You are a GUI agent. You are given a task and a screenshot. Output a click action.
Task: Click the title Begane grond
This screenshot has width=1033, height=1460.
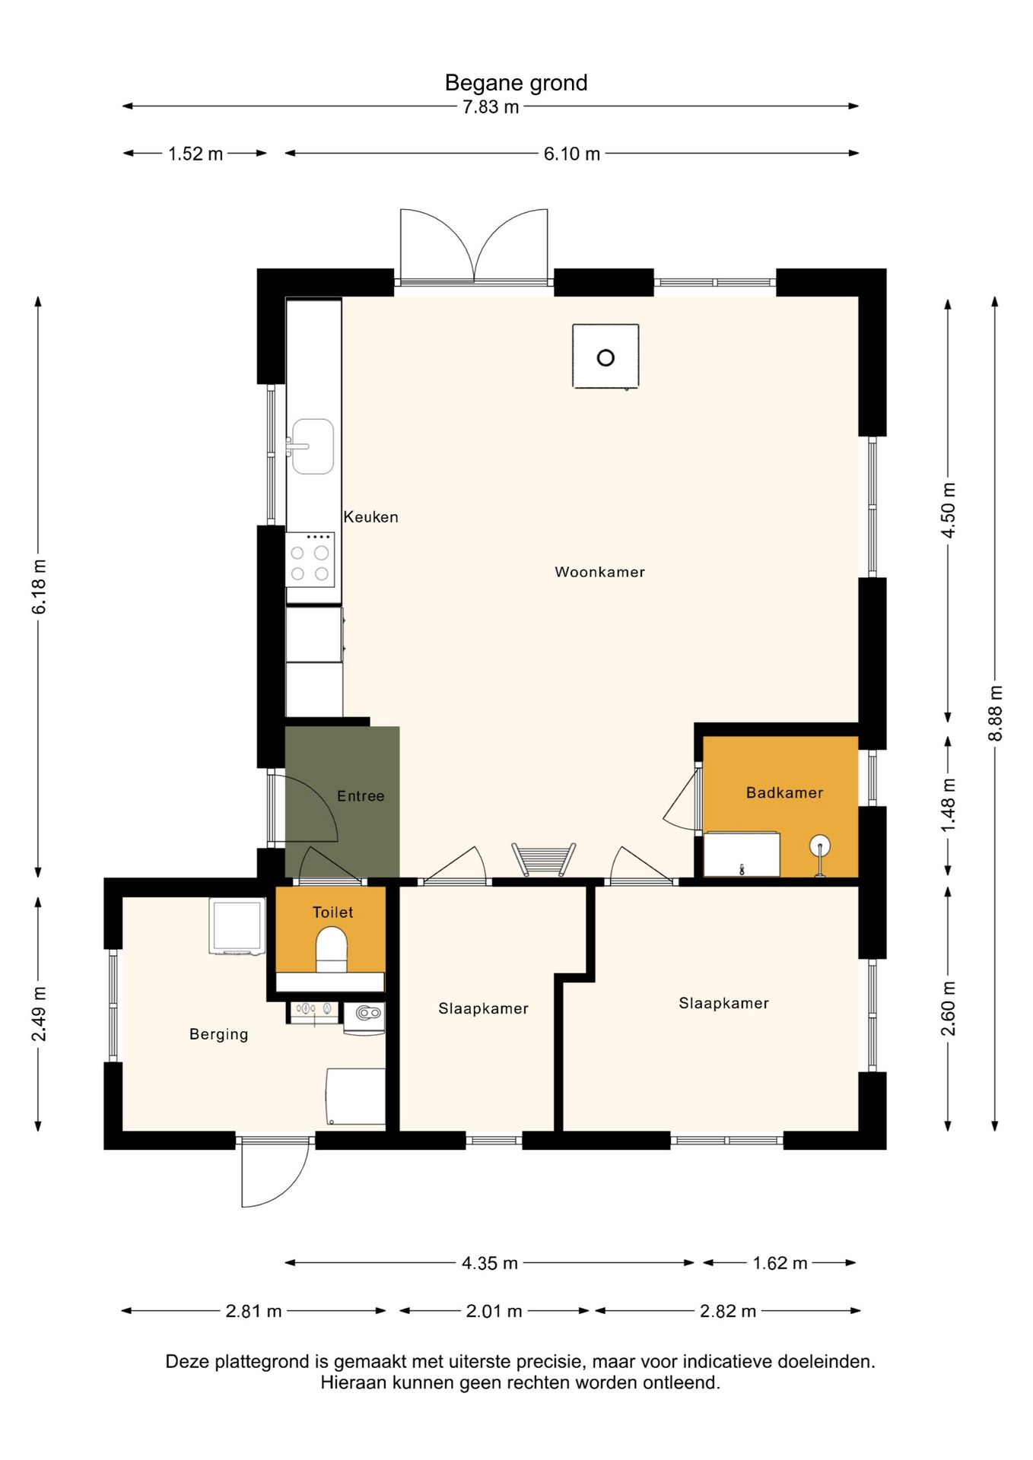point(516,83)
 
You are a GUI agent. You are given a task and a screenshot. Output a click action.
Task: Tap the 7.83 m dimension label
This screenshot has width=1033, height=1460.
point(491,107)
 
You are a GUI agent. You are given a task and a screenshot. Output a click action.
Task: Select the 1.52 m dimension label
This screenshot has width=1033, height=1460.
point(195,154)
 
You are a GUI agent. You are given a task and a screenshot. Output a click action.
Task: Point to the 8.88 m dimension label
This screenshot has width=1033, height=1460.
point(996,713)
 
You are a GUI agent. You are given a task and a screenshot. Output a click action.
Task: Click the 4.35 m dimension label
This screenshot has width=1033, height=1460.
point(490,1263)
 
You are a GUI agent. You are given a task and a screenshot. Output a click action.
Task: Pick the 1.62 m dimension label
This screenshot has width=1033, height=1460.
point(780,1263)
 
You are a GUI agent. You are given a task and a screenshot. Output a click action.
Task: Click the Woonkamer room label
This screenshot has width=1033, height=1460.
point(599,572)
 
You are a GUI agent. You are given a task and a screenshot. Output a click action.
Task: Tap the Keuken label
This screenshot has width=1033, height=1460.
point(370,517)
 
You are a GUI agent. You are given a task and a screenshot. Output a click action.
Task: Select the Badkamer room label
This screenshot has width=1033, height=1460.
point(784,793)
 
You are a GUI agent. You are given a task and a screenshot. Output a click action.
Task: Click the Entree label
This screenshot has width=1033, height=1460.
point(361,796)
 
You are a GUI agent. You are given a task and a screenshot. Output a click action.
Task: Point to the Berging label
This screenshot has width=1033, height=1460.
point(218,1034)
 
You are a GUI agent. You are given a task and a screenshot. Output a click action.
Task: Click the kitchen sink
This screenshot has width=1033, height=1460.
point(313,446)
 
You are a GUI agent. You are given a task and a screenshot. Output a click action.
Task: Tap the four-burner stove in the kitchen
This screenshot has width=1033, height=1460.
point(310,560)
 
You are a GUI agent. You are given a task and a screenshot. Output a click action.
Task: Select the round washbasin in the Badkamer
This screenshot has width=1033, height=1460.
point(819,846)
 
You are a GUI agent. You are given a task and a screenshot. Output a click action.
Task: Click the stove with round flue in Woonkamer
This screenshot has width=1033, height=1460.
point(605,357)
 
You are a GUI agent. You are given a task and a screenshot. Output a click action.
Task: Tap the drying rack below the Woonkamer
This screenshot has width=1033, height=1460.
point(543,859)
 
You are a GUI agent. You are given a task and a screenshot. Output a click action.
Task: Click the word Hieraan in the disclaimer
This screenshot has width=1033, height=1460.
point(353,1382)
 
